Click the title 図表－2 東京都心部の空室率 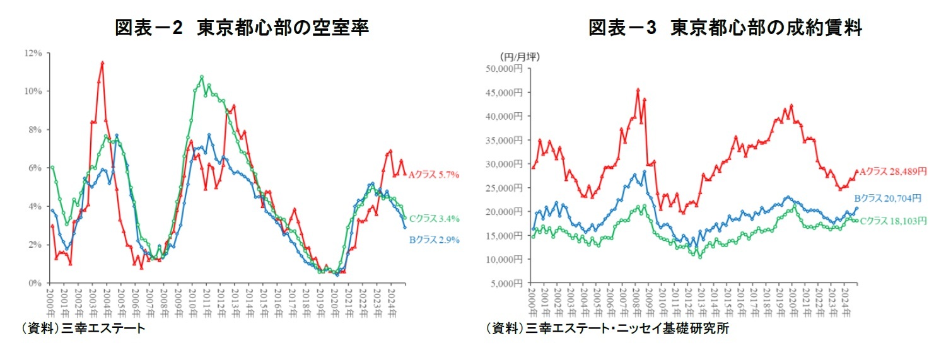(241, 28)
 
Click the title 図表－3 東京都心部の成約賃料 (725, 28)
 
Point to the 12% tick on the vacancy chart (33, 53)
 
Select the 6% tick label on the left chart (35, 168)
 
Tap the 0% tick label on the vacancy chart (35, 283)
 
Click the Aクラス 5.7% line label (434, 175)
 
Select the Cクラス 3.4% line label (434, 219)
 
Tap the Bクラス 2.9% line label (434, 240)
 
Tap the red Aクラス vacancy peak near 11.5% (102, 62)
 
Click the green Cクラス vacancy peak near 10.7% (201, 77)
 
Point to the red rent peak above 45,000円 (638, 90)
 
